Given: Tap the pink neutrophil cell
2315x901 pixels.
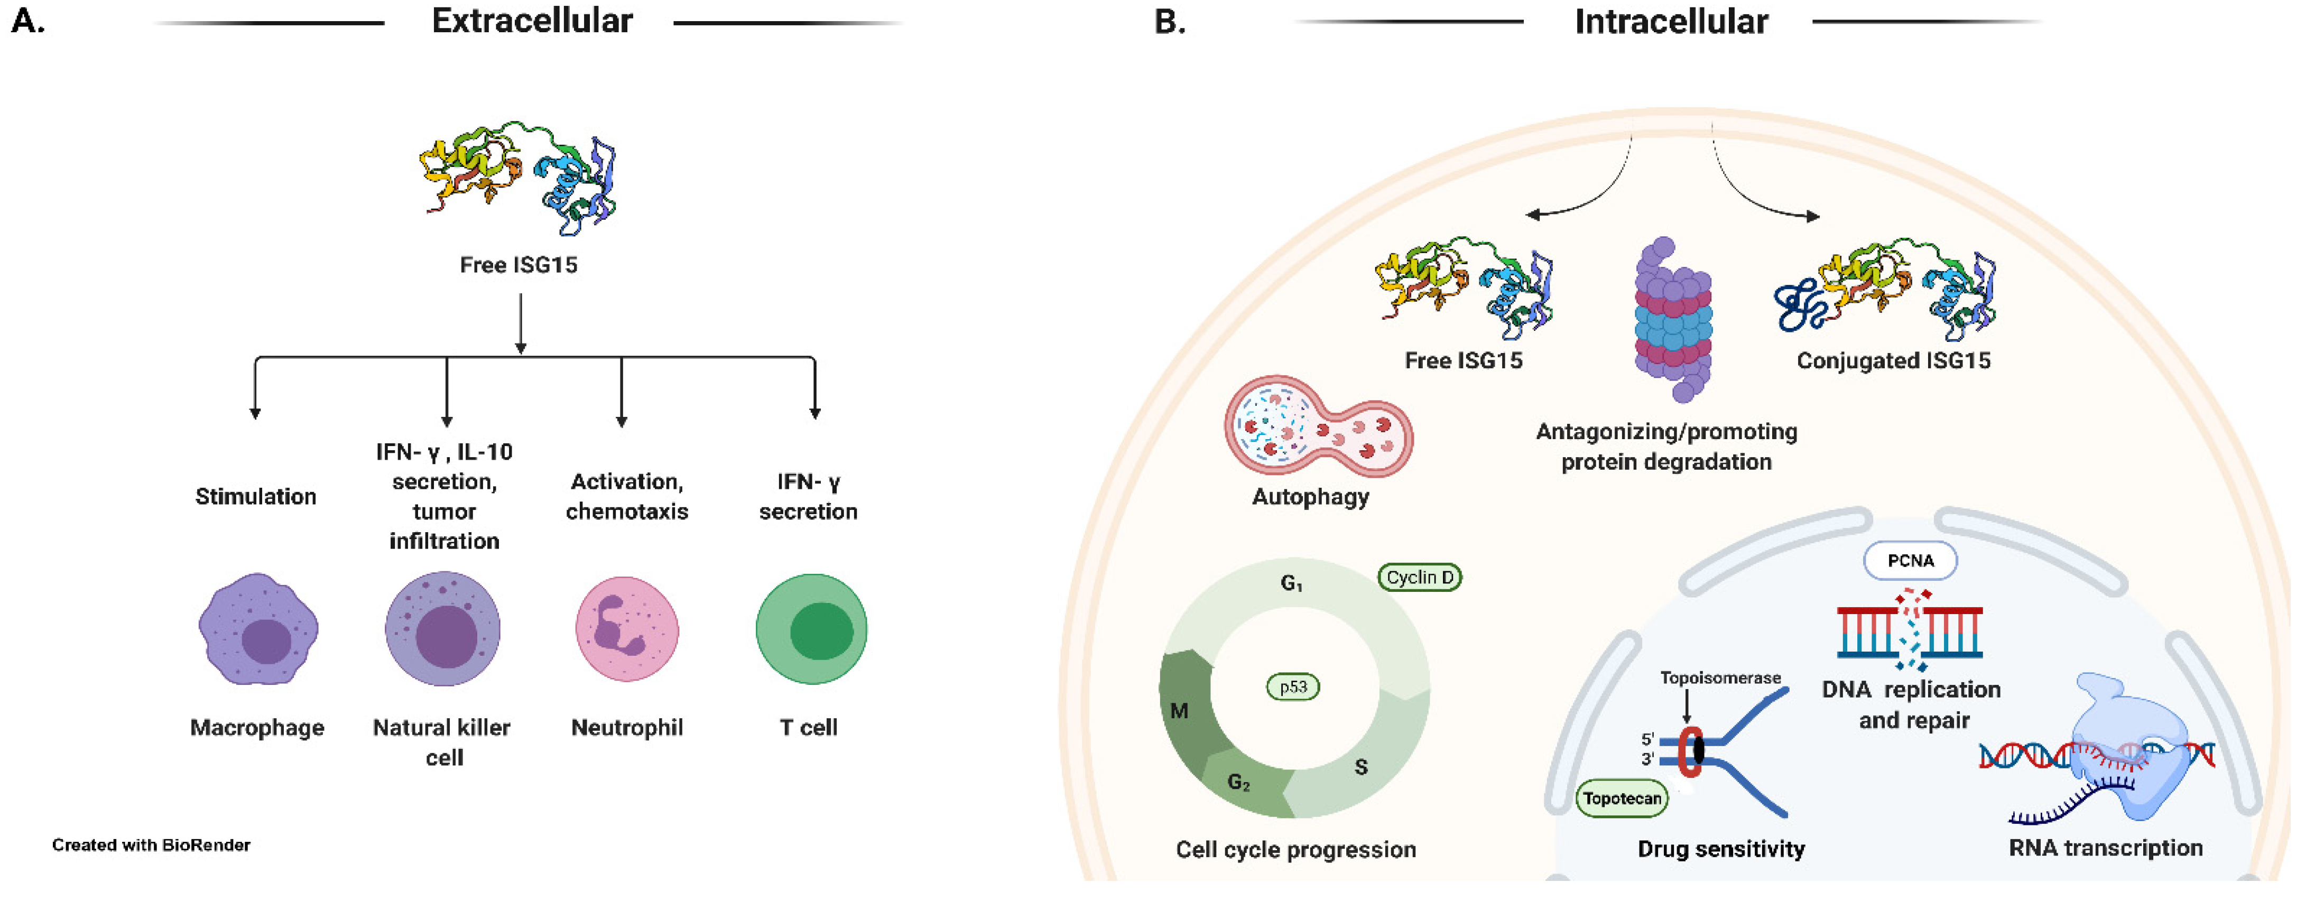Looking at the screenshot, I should coord(626,629).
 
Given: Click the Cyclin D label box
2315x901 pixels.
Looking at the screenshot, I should coord(1419,578).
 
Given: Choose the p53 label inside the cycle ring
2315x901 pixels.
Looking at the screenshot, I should coord(1292,687).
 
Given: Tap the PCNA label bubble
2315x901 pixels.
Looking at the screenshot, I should coord(1910,561).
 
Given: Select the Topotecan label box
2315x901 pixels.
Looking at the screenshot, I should coord(1621,798).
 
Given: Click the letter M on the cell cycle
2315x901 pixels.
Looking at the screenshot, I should coord(1179,711).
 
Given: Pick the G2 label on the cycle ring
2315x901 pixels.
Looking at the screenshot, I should coord(1238,783).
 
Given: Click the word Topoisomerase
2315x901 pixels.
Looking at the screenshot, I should coord(1719,678).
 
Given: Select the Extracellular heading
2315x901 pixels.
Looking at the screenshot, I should coord(532,21).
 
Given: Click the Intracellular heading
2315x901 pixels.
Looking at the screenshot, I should coord(1671,21).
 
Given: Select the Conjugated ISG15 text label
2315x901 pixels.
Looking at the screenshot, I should coord(1893,361).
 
